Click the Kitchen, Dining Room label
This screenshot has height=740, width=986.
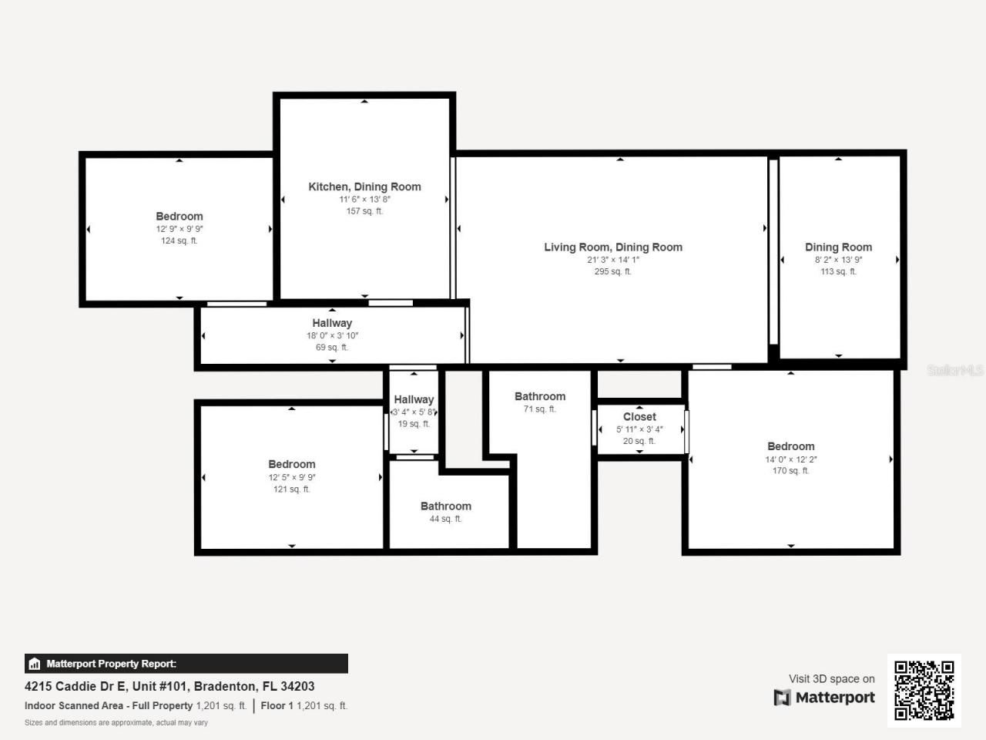[x=364, y=187]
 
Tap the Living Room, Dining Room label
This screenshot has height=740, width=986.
[x=613, y=247]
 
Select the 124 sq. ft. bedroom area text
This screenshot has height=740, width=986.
[x=179, y=240]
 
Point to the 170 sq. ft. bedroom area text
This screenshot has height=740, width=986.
[x=790, y=470]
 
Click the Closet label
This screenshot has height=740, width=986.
[x=639, y=416]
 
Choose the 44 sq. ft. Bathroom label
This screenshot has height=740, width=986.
[x=445, y=506]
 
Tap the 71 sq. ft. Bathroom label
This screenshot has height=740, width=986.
[x=540, y=396]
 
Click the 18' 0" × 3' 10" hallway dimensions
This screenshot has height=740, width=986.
[x=332, y=335]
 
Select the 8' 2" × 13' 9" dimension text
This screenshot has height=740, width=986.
[x=838, y=260]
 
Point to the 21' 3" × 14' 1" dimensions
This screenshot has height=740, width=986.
[x=613, y=260]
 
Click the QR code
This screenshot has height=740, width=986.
[x=924, y=690]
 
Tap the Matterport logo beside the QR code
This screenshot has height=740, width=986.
[x=824, y=698]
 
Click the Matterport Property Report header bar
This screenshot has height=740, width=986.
[x=186, y=664]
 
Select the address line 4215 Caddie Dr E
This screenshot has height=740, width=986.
[x=169, y=686]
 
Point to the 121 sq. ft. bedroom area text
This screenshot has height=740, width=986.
[x=291, y=489]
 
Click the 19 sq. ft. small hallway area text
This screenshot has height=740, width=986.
[x=414, y=424]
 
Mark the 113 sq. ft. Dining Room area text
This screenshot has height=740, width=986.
[x=838, y=271]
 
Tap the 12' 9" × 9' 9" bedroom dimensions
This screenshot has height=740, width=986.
[x=179, y=229]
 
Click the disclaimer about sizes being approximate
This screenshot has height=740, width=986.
[x=116, y=722]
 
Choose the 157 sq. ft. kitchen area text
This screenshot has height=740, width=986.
[x=364, y=211]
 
